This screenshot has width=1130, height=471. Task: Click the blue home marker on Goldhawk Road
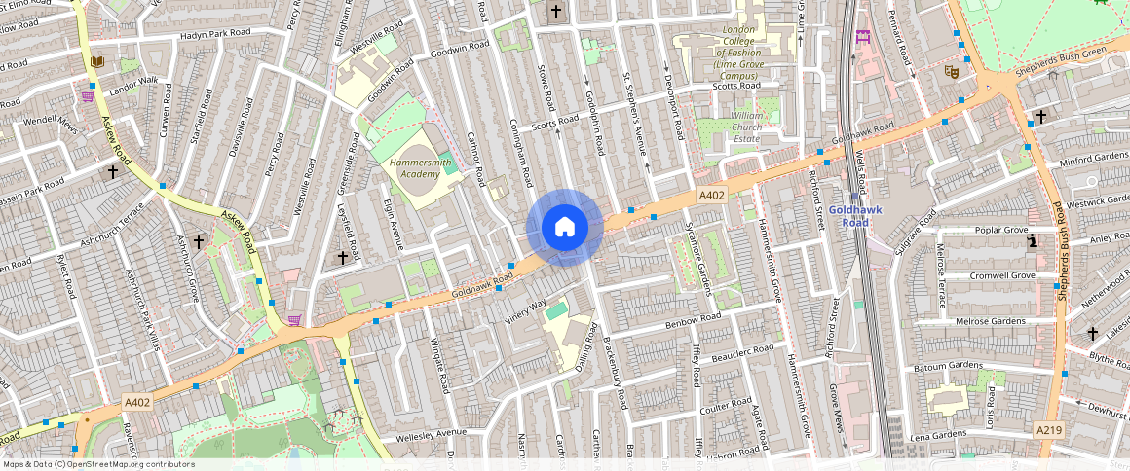pos(565,228)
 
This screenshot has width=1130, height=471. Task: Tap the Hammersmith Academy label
pos(421,167)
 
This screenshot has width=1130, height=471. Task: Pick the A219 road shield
pos(1048,429)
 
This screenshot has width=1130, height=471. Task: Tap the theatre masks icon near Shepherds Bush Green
pos(952,70)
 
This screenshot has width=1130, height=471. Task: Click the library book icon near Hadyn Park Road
pos(96,62)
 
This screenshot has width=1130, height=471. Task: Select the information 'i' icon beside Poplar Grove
pos(1032,241)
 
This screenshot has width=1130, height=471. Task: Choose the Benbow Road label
pos(693,322)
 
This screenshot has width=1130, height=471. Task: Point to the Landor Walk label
pos(133,86)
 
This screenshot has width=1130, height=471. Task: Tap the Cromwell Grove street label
pos(1003,275)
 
